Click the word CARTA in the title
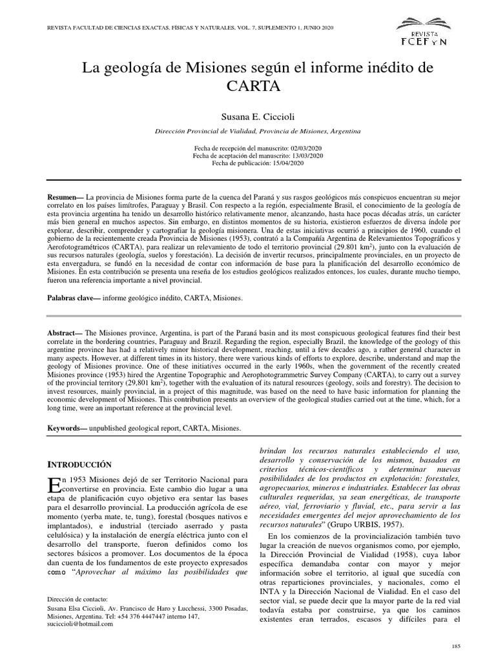click(247, 85)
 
